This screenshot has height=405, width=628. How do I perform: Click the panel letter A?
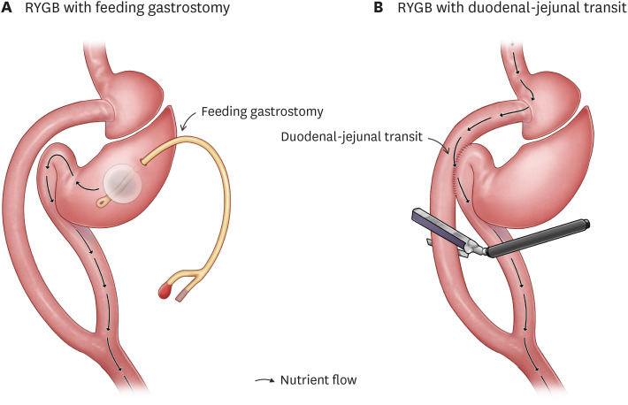(9, 11)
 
